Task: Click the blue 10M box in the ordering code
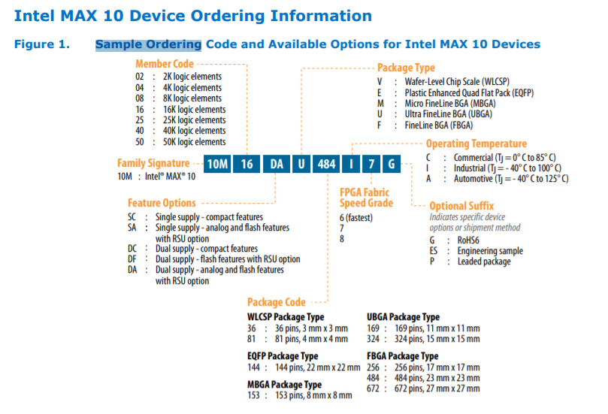[217, 164]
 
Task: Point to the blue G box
[391, 164]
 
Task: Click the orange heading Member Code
[165, 64]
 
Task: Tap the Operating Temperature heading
[476, 144]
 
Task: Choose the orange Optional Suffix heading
[461, 206]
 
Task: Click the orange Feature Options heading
[162, 203]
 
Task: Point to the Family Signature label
[153, 163]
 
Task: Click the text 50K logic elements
[194, 141]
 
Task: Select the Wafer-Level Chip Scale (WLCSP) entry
[455, 81]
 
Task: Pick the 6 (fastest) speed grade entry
[356, 217]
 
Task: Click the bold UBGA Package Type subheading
[403, 317]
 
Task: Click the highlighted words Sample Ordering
[148, 44]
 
